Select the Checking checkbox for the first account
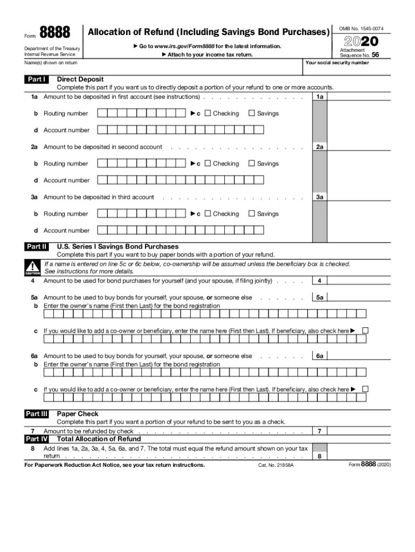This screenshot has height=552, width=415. pyautogui.click(x=208, y=113)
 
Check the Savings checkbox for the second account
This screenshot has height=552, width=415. pyautogui.click(x=251, y=163)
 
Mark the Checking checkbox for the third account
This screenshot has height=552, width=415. pyautogui.click(x=208, y=213)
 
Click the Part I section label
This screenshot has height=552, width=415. pyautogui.click(x=36, y=80)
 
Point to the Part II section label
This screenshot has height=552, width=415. pyautogui.click(x=36, y=247)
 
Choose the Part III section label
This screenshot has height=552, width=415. pyautogui.click(x=36, y=414)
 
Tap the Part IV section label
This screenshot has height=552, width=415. pyautogui.click(x=36, y=439)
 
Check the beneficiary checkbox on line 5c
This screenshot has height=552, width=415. pyautogui.click(x=365, y=330)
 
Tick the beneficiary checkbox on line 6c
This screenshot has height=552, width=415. pyautogui.click(x=365, y=389)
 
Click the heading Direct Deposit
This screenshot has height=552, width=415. pyautogui.click(x=80, y=80)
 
